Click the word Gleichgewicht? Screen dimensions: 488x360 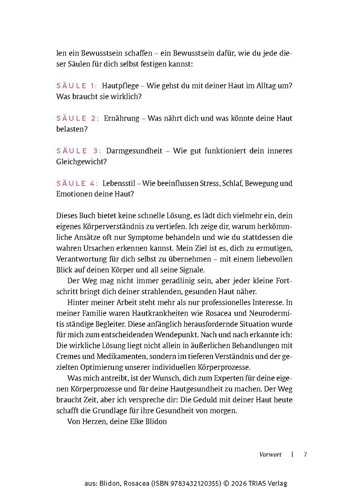[81, 162]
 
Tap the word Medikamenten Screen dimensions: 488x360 [123, 356]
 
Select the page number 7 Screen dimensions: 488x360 [305, 455]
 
